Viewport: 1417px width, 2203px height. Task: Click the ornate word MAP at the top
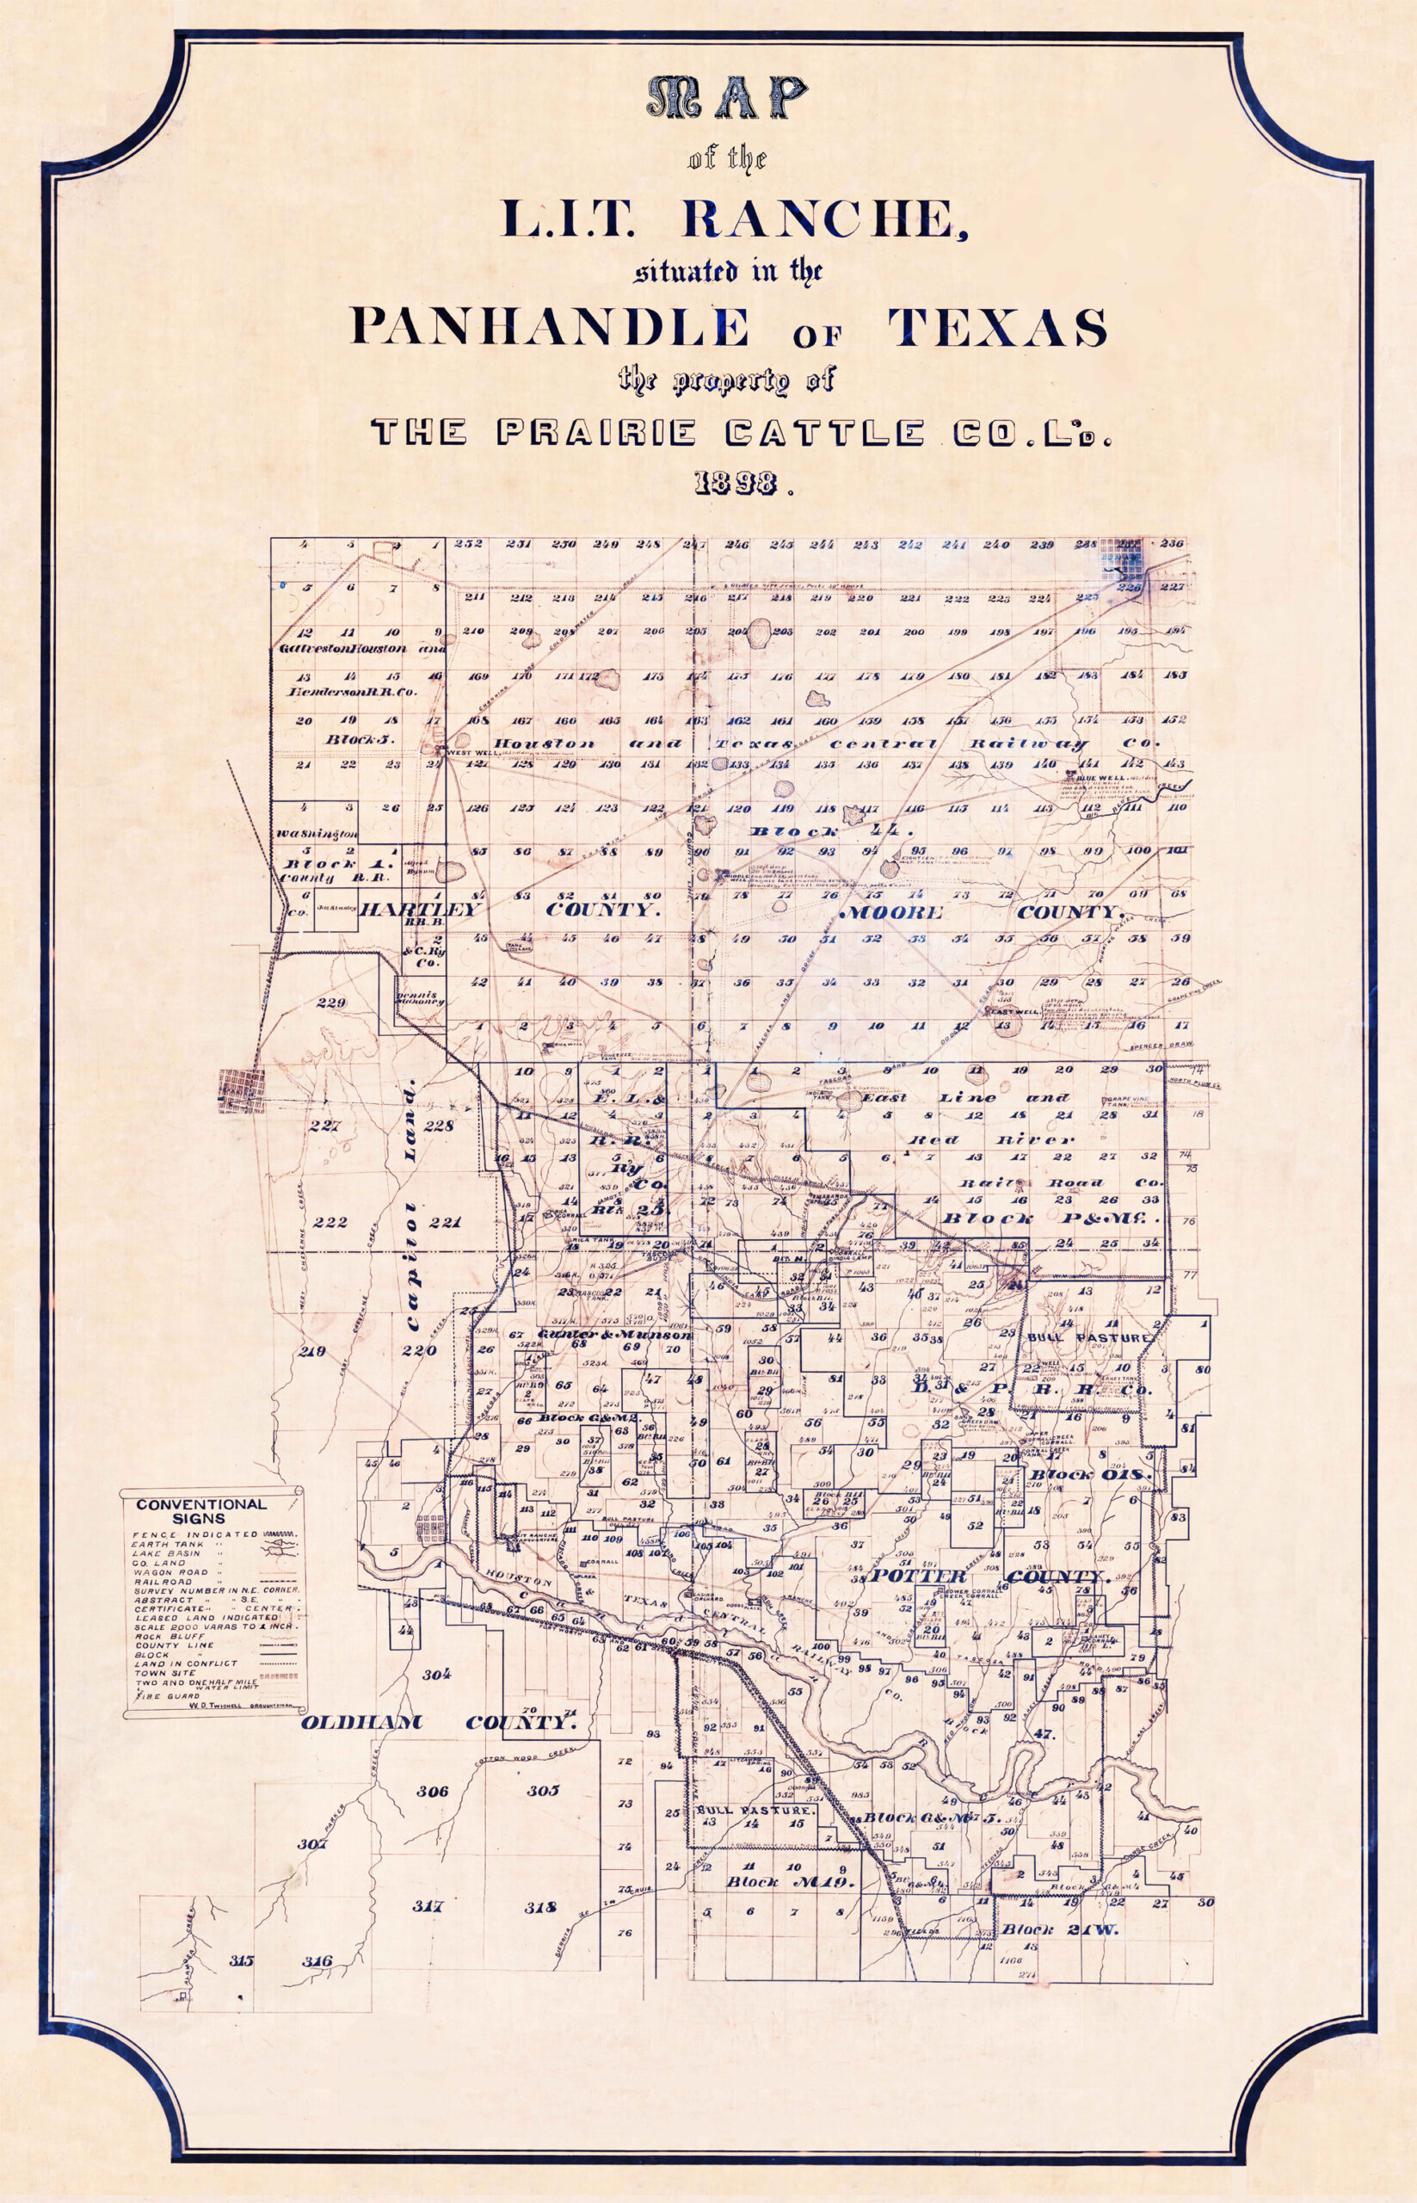click(726, 96)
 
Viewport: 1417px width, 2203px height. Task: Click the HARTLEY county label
click(422, 910)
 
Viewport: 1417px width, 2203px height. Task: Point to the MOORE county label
click(890, 912)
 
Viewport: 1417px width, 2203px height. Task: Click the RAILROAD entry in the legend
click(162, 1582)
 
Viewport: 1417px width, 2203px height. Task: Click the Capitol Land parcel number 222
click(330, 1222)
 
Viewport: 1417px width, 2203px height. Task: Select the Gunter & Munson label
click(614, 1335)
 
